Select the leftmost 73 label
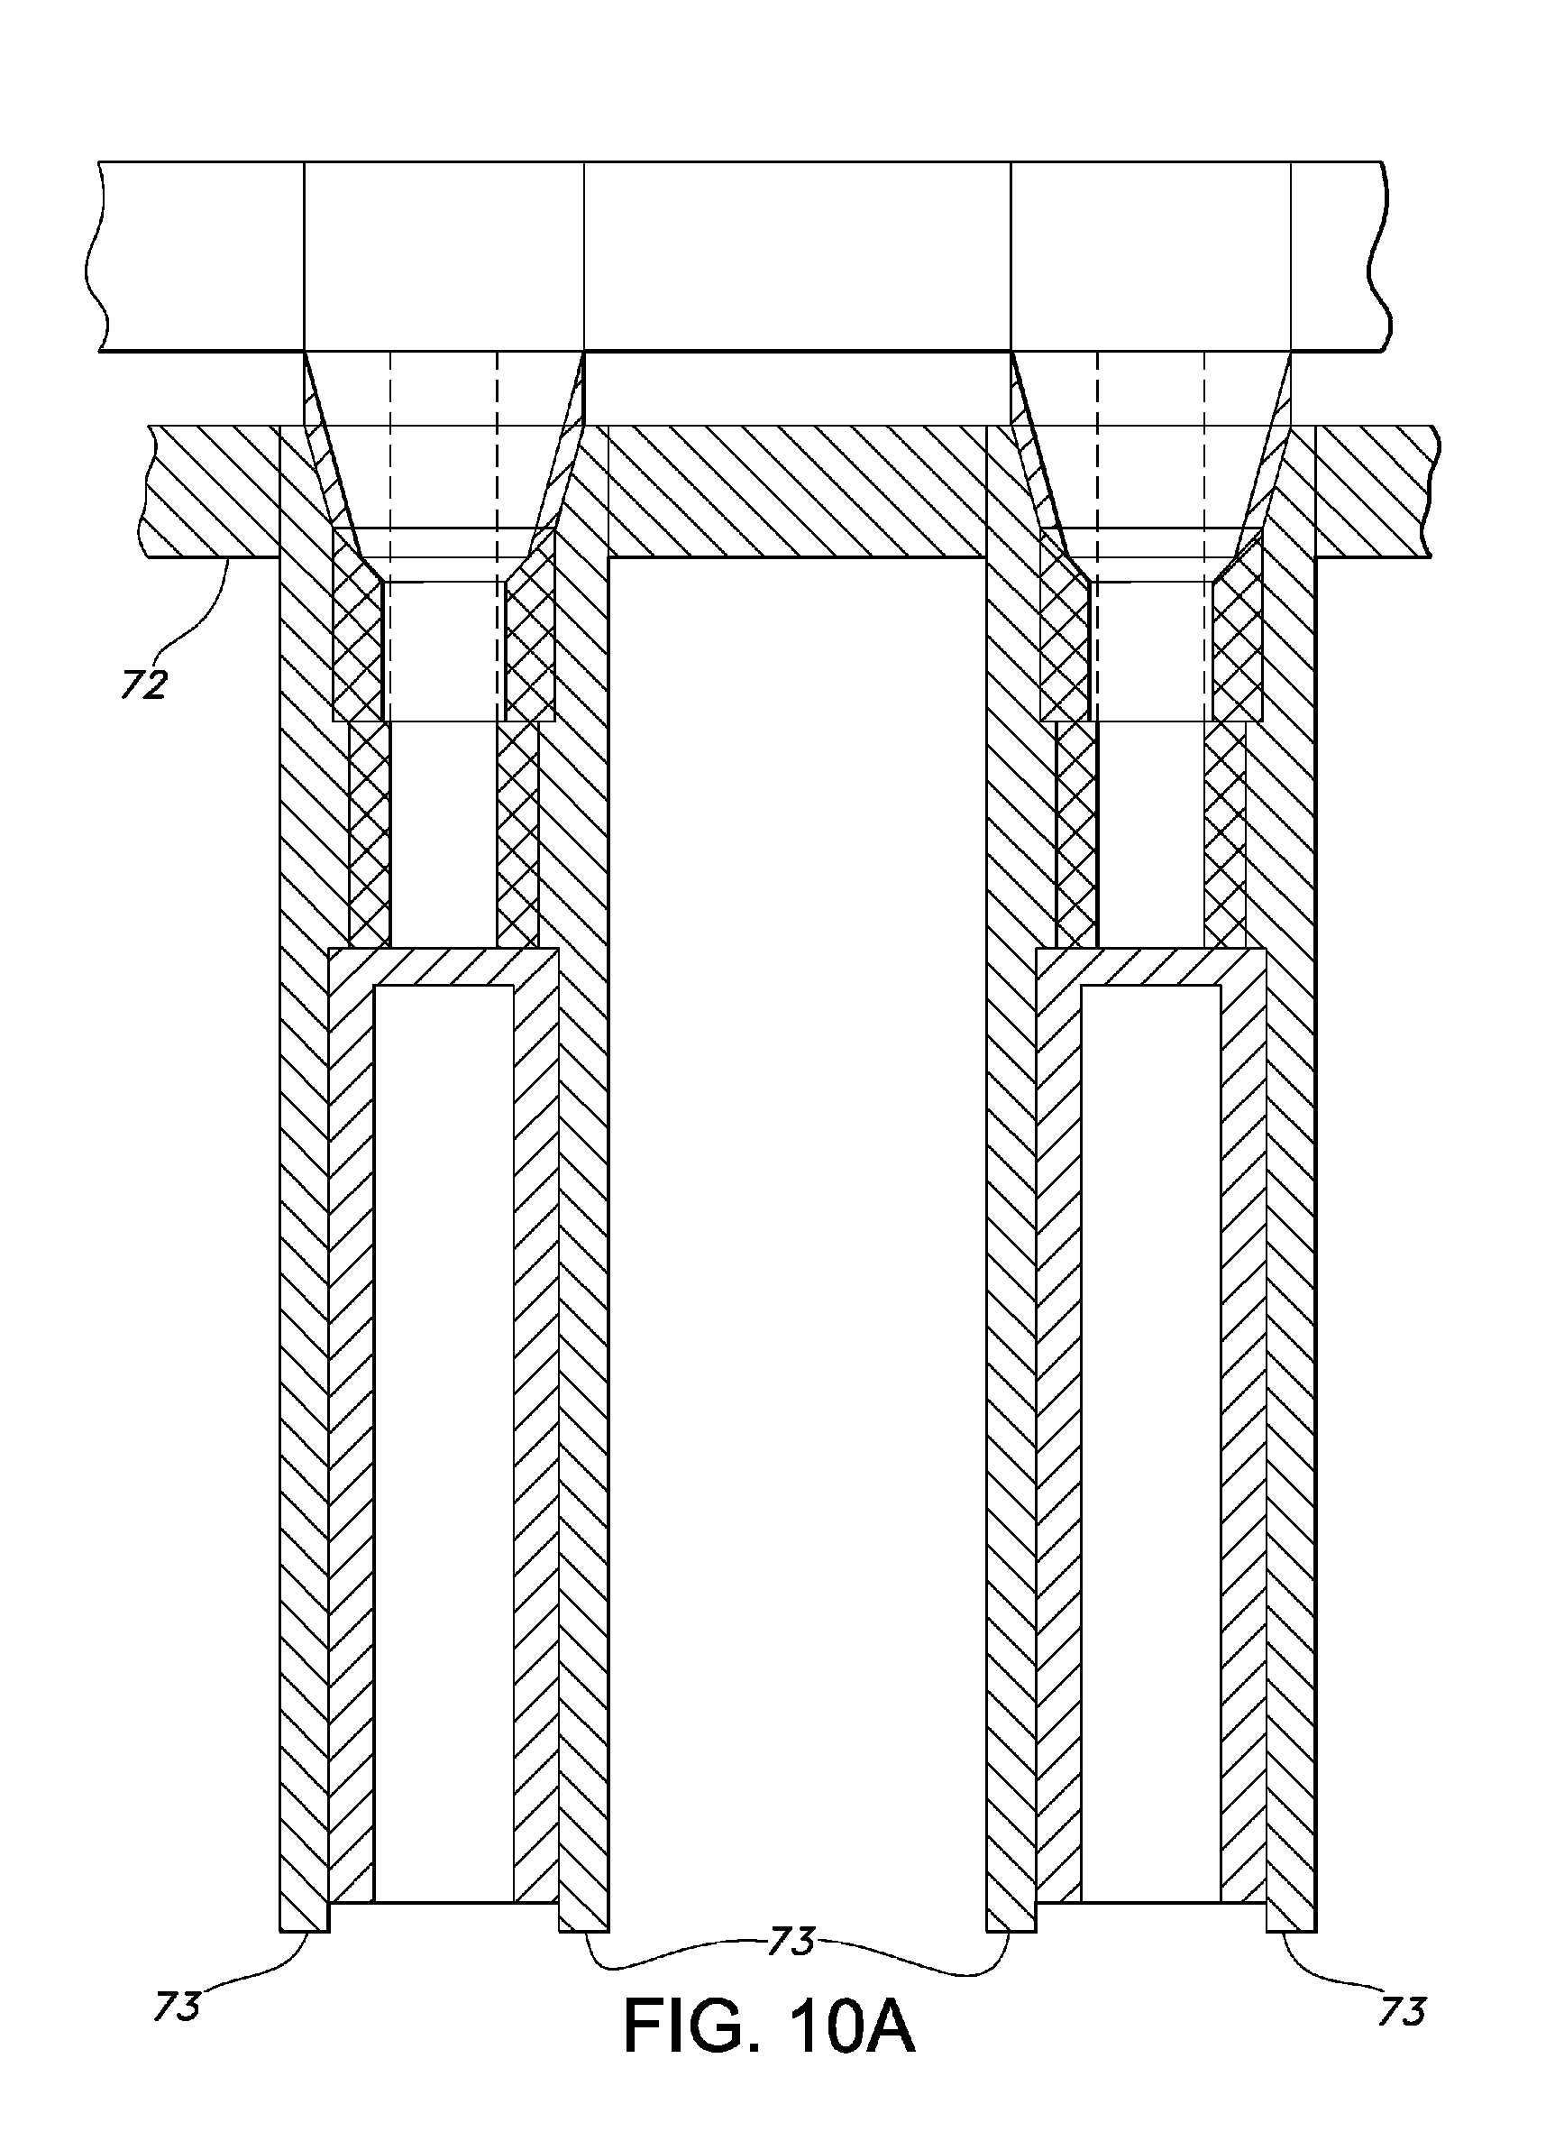[177, 2005]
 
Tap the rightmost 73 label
[1401, 2009]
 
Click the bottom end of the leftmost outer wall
[304, 1919]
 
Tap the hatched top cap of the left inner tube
[444, 966]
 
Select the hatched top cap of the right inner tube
[1150, 966]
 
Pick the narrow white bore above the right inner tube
[1150, 833]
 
